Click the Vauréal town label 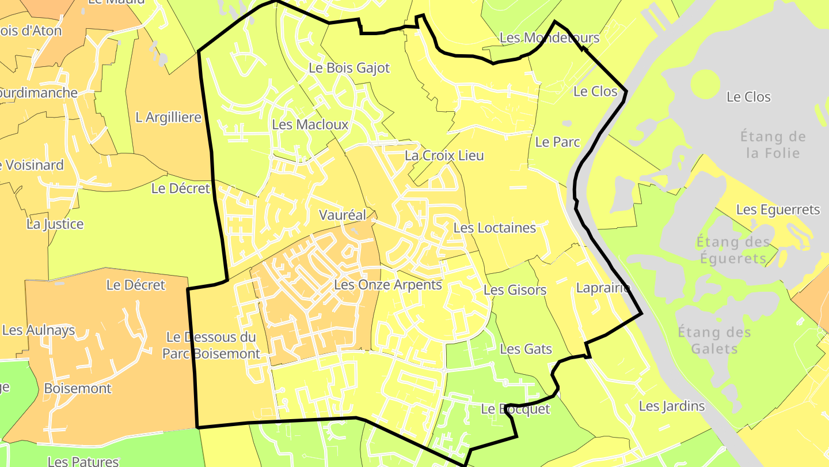(x=343, y=215)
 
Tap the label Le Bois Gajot (x=349, y=68)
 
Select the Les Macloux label (x=310, y=125)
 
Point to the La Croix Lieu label (x=444, y=156)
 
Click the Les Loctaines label (x=495, y=228)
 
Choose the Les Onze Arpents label (x=387, y=285)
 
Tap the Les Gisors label (x=515, y=290)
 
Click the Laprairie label (x=603, y=288)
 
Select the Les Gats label (x=526, y=349)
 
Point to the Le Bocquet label (x=515, y=409)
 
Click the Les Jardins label (x=671, y=406)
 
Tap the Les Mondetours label (x=549, y=38)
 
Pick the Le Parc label (x=557, y=142)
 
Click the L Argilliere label (x=168, y=118)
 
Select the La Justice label (x=55, y=224)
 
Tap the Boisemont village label (x=78, y=388)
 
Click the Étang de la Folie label (x=773, y=145)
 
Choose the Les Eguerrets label (x=778, y=209)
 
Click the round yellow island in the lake (x=705, y=84)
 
